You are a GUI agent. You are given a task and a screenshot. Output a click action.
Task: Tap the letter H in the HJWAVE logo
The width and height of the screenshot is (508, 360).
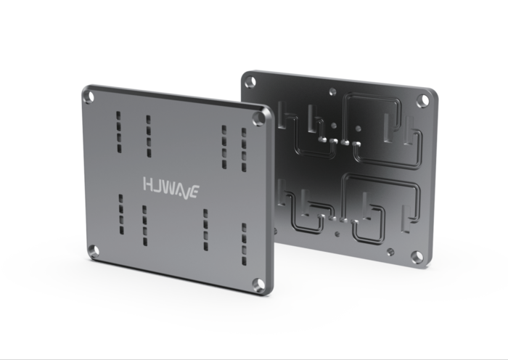click(147, 183)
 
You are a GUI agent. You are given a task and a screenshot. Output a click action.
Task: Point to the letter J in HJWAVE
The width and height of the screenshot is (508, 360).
click(157, 184)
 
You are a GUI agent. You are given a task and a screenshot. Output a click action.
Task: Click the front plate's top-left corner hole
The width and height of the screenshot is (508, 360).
click(89, 97)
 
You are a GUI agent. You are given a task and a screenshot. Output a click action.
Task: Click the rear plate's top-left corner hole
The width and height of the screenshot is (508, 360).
click(250, 82)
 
